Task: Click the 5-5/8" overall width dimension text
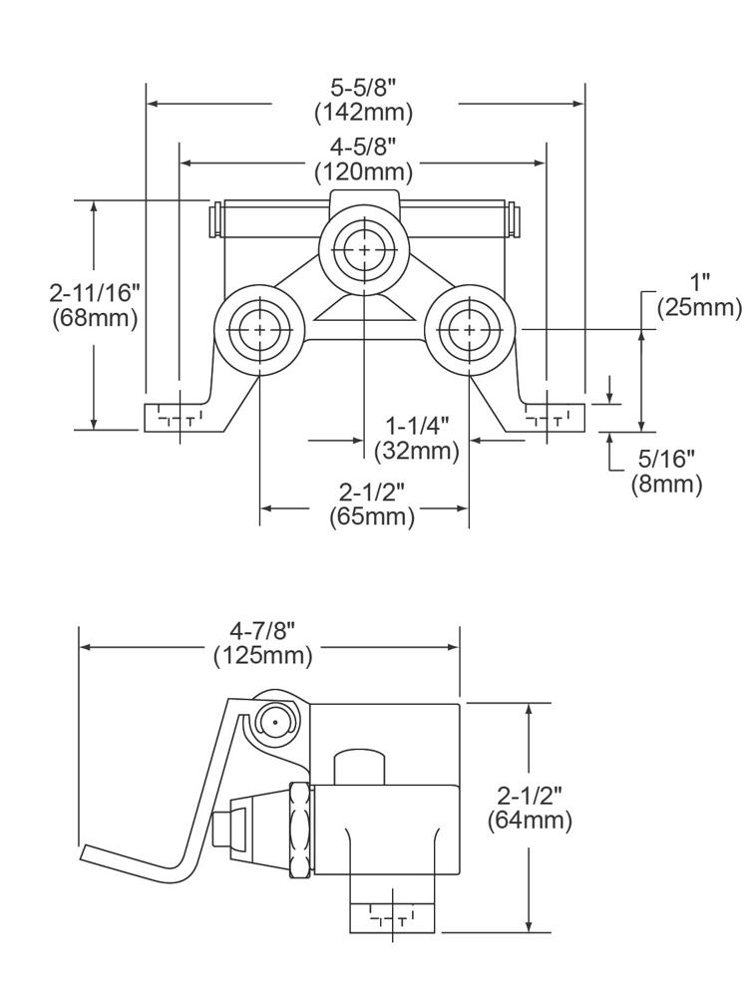(364, 89)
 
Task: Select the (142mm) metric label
(364, 112)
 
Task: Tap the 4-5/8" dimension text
(364, 149)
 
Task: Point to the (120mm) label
(364, 171)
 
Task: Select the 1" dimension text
(699, 282)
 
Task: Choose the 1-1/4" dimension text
(417, 427)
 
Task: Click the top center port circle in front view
(364, 247)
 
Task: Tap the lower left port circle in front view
(259, 328)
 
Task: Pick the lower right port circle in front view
(468, 328)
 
